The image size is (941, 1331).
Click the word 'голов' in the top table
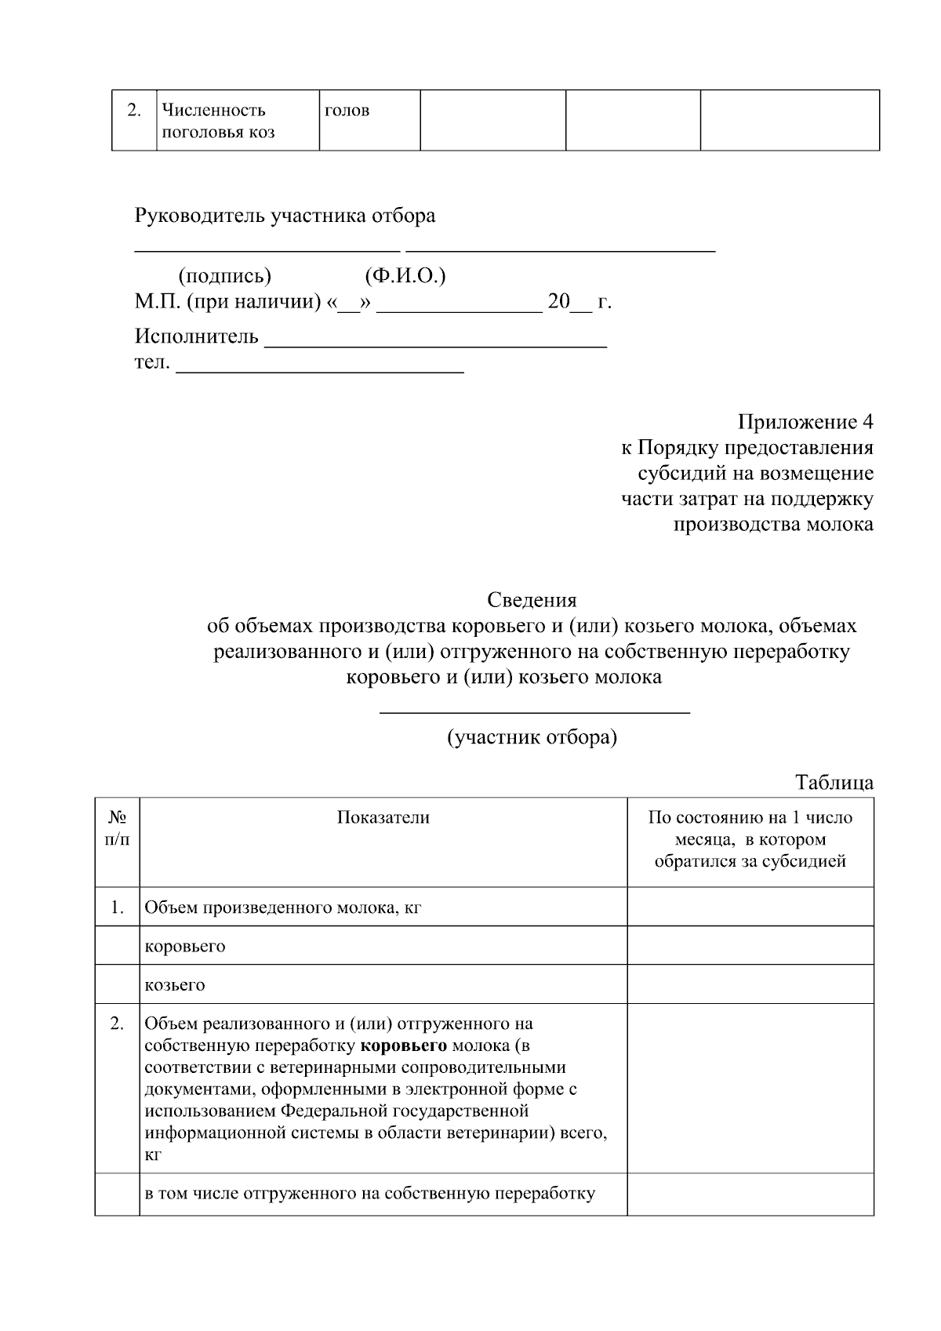click(347, 111)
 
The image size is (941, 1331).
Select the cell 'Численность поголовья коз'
click(219, 121)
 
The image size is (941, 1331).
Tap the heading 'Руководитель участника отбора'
click(285, 216)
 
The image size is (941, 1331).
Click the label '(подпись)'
click(225, 276)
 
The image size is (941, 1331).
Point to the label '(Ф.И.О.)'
click(405, 276)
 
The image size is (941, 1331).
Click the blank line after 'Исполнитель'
click(436, 344)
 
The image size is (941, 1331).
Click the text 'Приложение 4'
click(805, 422)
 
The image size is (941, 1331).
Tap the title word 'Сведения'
click(532, 600)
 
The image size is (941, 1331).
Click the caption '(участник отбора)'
click(532, 737)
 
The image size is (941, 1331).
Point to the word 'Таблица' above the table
click(834, 782)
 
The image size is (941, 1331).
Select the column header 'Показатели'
click(383, 817)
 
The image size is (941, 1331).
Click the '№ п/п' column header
click(118, 828)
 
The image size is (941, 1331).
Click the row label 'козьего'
click(175, 984)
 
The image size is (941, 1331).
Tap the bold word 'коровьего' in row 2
click(404, 1046)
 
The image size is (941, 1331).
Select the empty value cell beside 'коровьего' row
click(750, 945)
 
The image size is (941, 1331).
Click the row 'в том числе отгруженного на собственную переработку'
click(370, 1194)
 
